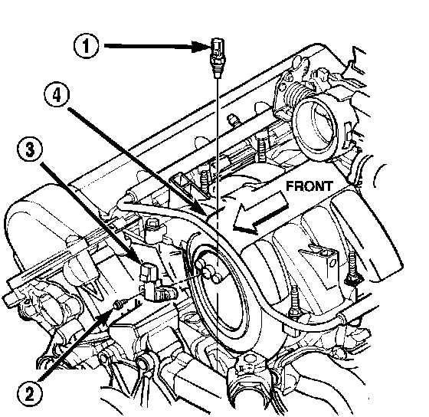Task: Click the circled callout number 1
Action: pyautogui.click(x=86, y=46)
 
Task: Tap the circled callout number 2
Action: pyautogui.click(x=30, y=394)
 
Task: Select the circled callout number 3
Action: pyautogui.click(x=30, y=150)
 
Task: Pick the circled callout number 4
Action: pyautogui.click(x=57, y=95)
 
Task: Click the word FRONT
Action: pyautogui.click(x=309, y=186)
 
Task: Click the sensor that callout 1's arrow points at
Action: pyautogui.click(x=218, y=57)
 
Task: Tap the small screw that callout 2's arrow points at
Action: pyautogui.click(x=119, y=304)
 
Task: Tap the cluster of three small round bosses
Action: pyautogui.click(x=208, y=271)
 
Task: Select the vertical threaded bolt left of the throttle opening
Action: pyautogui.click(x=261, y=149)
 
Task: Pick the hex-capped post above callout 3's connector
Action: pyautogui.click(x=152, y=227)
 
